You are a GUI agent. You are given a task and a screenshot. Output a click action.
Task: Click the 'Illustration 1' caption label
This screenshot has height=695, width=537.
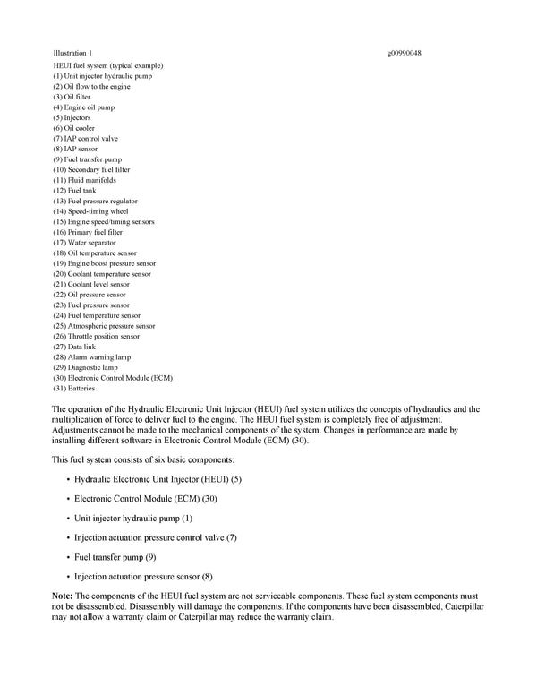click(x=72, y=53)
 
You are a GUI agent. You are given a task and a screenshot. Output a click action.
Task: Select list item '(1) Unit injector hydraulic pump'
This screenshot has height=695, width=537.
click(x=102, y=76)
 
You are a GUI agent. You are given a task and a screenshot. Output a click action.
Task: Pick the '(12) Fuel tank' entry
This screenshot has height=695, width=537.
click(x=74, y=191)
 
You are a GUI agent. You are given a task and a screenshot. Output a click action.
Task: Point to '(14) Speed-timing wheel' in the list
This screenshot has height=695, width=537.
click(x=90, y=211)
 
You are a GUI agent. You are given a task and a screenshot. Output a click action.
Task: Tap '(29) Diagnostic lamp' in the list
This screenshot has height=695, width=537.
click(x=85, y=367)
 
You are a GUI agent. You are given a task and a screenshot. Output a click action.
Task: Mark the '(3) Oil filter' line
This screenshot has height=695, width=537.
click(x=72, y=97)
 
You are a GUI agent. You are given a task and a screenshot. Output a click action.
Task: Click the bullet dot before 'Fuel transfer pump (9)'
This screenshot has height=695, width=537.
click(x=68, y=557)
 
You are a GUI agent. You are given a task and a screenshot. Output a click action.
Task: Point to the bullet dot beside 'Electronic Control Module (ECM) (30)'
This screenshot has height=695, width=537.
click(x=68, y=499)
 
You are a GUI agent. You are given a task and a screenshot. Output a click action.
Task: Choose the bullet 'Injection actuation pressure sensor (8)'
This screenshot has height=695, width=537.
click(x=143, y=576)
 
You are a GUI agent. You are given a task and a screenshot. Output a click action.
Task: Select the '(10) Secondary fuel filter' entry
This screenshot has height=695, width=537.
click(x=91, y=169)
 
